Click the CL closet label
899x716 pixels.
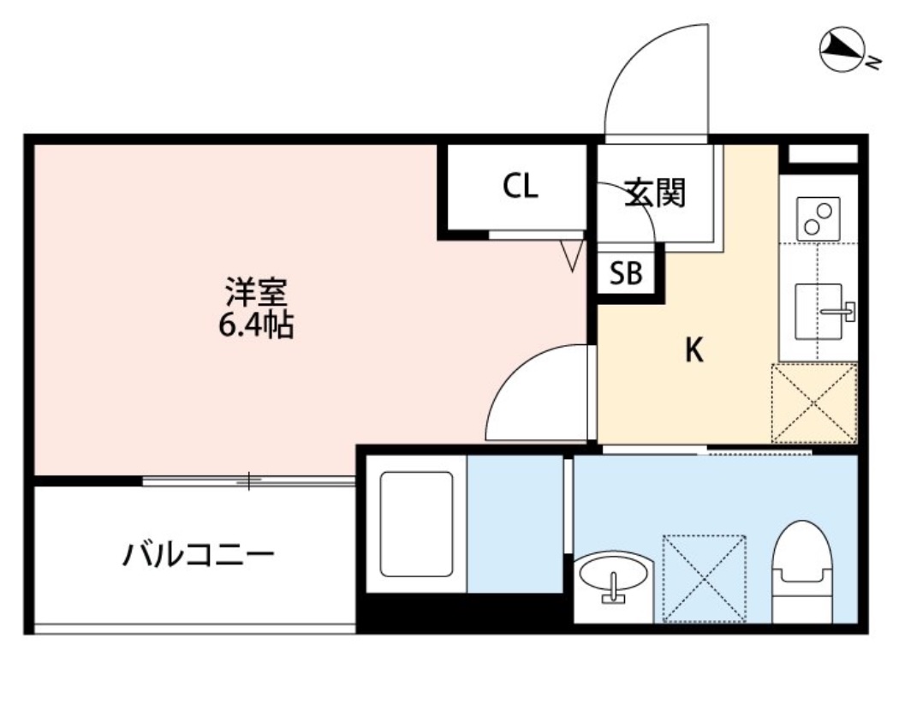tap(521, 187)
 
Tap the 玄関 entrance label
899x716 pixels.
tap(656, 193)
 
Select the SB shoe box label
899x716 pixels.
tap(627, 273)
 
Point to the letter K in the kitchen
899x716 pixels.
tap(694, 350)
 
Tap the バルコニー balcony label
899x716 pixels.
tap(198, 558)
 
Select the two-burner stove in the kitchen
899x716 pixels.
tap(819, 219)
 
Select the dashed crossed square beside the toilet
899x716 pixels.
tap(705, 578)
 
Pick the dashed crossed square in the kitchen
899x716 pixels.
tap(813, 403)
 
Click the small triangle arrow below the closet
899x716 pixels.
tap(572, 255)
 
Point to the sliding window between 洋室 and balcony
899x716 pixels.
tap(248, 481)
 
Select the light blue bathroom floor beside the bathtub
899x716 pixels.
tap(514, 523)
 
